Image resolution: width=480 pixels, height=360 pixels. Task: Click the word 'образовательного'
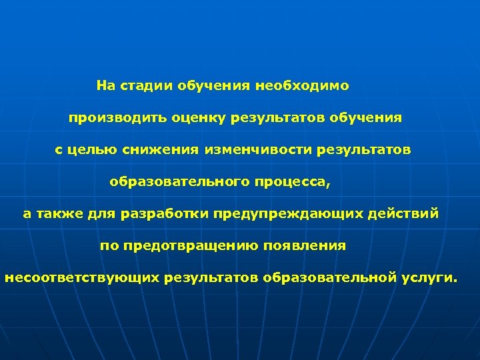tap(177, 182)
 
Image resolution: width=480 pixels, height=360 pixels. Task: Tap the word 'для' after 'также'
tap(102, 214)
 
